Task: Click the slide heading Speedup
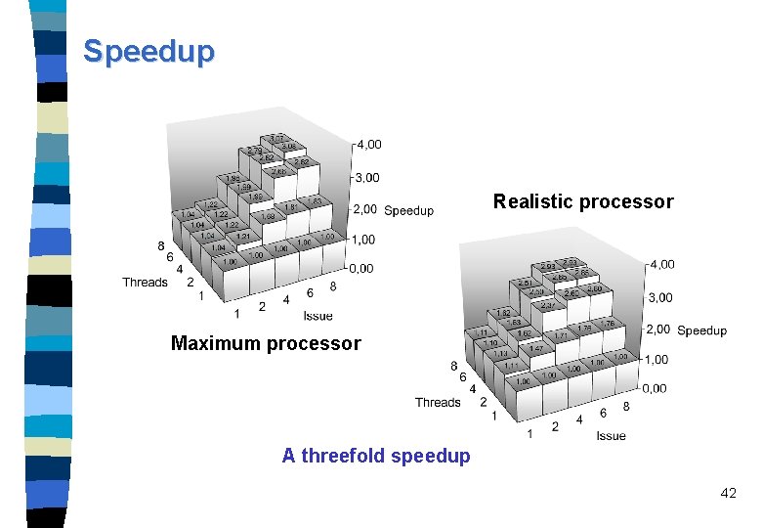[148, 51]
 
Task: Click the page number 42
[728, 494]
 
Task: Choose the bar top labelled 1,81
[292, 207]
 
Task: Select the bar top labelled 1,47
[536, 348]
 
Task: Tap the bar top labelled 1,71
[562, 334]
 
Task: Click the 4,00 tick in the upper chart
[368, 145]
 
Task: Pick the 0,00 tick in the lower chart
[655, 388]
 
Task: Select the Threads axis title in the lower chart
[438, 402]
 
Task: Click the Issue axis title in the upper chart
[317, 315]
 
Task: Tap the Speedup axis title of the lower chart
[701, 330]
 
